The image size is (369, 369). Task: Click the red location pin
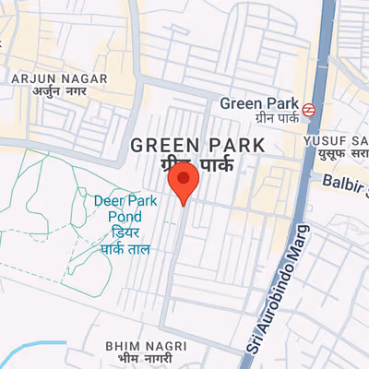(x=186, y=183)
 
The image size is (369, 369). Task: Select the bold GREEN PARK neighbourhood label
(x=197, y=145)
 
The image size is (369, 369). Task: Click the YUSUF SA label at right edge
(x=336, y=141)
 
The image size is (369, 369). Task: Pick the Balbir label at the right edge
(x=345, y=183)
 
